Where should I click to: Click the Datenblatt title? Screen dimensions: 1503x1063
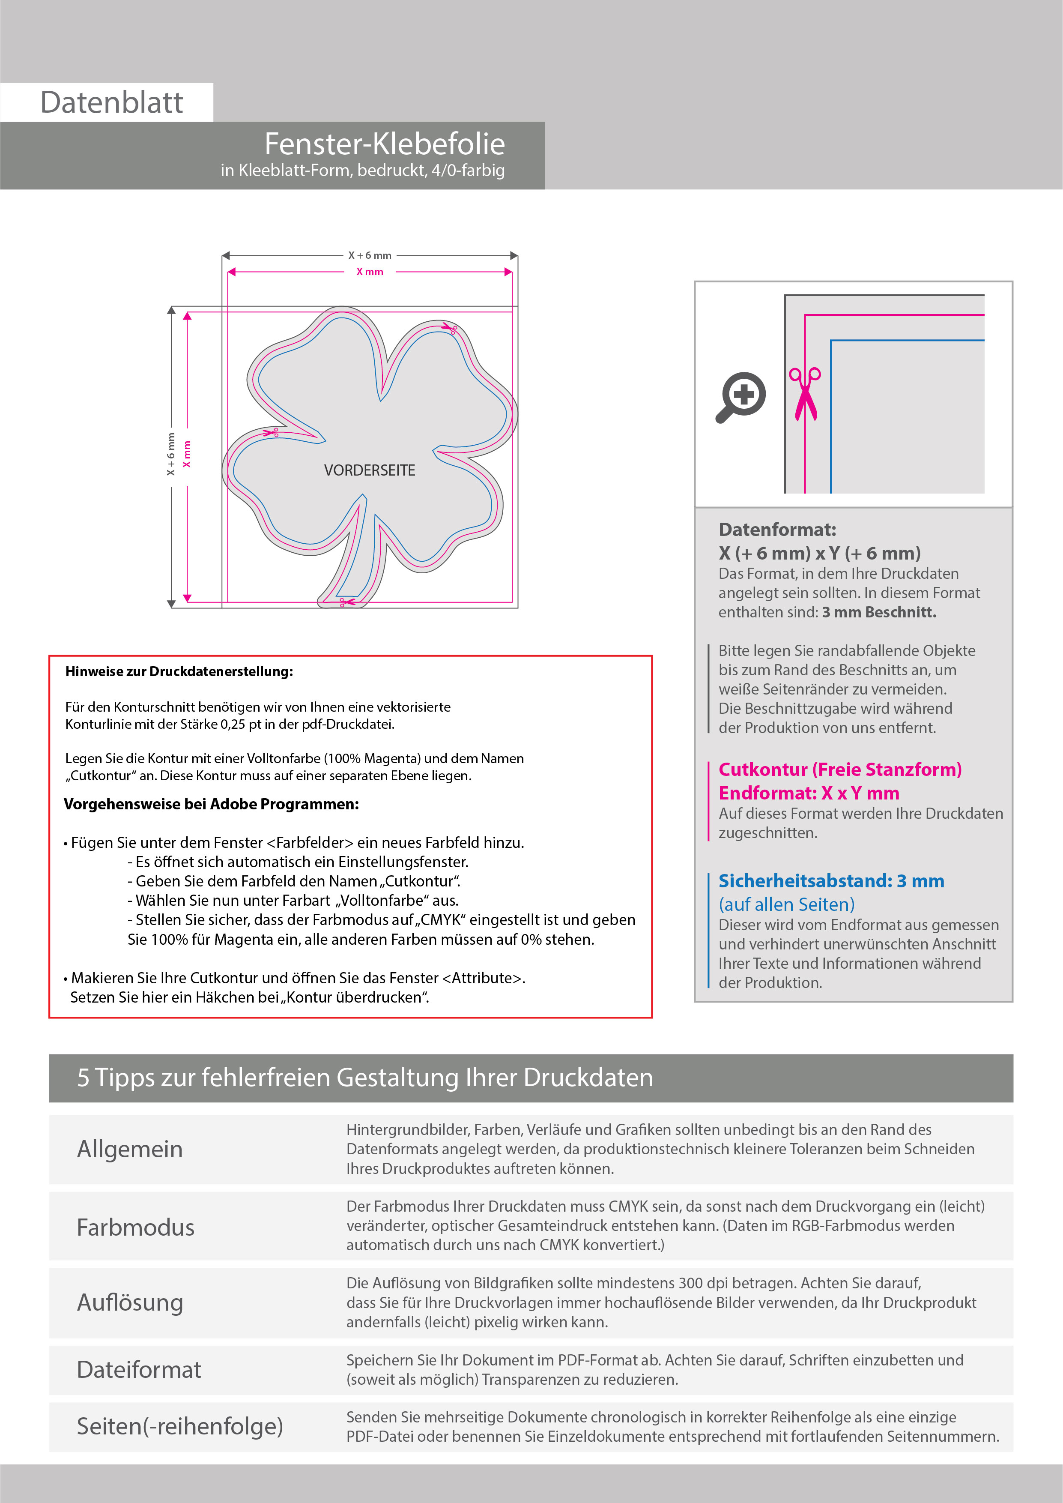[x=111, y=103]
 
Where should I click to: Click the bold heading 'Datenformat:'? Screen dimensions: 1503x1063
[x=777, y=530]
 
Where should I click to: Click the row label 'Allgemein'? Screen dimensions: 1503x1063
[x=130, y=1149]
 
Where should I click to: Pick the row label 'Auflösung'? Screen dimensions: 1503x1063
[x=130, y=1302]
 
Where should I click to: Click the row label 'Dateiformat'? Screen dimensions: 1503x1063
[x=139, y=1369]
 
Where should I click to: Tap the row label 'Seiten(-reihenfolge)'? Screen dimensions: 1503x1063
[x=179, y=1426]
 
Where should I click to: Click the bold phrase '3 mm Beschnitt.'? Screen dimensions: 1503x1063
[x=879, y=612]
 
